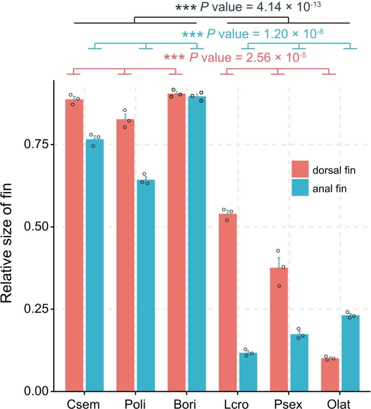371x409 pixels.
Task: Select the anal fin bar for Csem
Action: [94, 265]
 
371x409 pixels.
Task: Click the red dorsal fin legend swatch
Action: [301, 170]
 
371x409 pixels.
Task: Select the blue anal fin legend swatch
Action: [301, 188]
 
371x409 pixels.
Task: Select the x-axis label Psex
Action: [289, 403]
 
